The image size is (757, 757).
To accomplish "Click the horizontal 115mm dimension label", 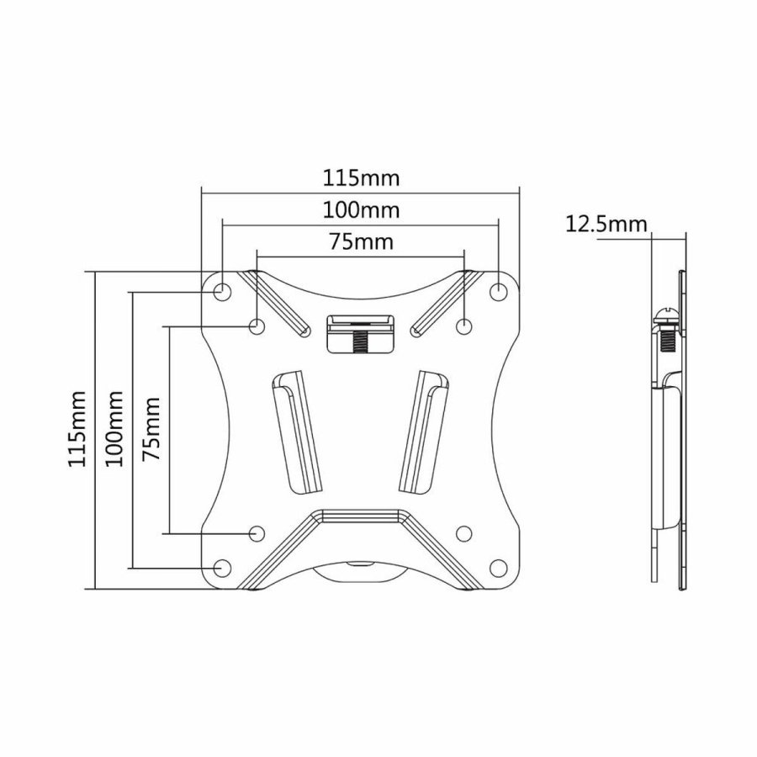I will tap(361, 179).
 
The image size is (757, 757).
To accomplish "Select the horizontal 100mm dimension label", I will tap(361, 209).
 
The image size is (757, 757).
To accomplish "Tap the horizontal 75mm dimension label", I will tap(361, 243).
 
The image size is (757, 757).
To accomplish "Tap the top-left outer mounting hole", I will tap(222, 291).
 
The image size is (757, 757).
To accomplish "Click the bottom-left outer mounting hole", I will tap(222, 568).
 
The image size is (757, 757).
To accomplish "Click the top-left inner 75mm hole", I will tap(257, 325).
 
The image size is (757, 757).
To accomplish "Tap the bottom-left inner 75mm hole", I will tap(257, 532).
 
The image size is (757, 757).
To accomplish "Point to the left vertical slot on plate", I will tap(295, 433).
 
